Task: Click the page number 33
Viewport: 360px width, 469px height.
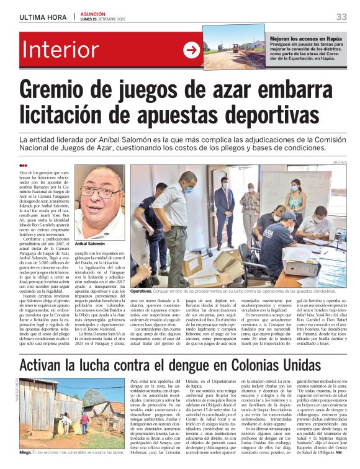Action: click(341, 16)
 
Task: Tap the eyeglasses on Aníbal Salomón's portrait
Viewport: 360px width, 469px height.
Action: click(100, 191)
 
